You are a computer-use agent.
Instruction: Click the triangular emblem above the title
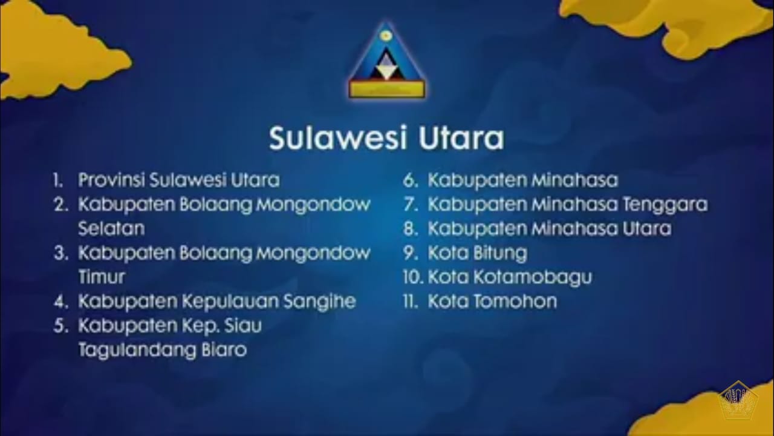click(386, 61)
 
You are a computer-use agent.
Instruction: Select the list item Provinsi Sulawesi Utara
click(178, 180)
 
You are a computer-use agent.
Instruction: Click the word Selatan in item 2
click(111, 228)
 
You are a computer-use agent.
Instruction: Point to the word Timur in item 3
click(102, 277)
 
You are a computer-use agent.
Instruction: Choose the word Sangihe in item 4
click(320, 302)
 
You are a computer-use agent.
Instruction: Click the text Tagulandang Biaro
click(163, 350)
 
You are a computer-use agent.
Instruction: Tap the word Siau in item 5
click(242, 325)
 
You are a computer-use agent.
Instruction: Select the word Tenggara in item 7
click(665, 205)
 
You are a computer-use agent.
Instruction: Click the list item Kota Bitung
click(478, 253)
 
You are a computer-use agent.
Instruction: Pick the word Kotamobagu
click(533, 277)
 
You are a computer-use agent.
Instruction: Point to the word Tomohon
click(515, 301)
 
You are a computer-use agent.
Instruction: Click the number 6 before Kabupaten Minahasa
click(409, 180)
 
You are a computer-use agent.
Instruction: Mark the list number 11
click(409, 302)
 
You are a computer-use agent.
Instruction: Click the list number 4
click(60, 302)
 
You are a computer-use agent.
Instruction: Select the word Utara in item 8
click(647, 228)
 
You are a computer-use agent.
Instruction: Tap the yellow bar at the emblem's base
click(387, 90)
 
